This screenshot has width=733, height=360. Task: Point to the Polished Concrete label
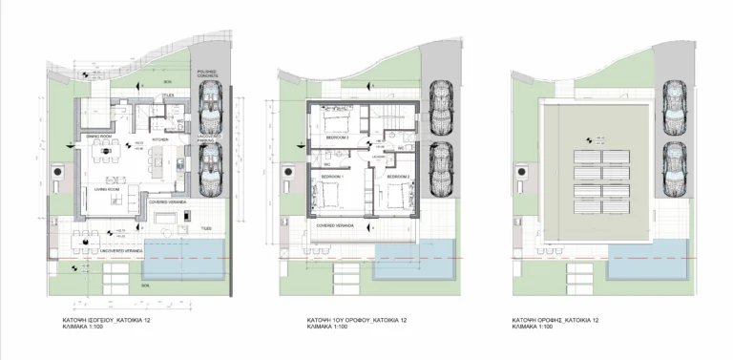pyautogui.click(x=206, y=74)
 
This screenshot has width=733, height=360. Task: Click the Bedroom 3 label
pyautogui.click(x=398, y=178)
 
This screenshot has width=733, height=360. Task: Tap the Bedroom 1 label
pyautogui.click(x=330, y=178)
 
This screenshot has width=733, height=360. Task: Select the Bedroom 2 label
pyautogui.click(x=339, y=138)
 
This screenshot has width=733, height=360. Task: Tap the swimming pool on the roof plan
pyautogui.click(x=646, y=251)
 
